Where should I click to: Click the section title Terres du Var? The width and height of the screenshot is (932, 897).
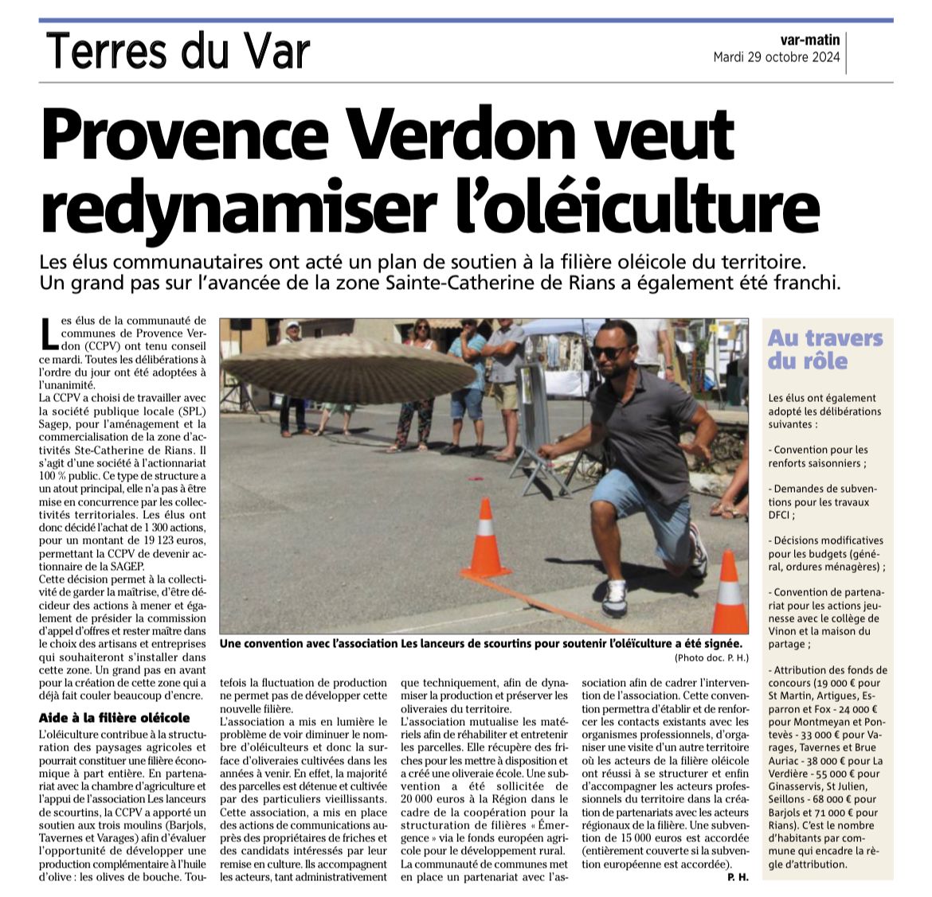177,52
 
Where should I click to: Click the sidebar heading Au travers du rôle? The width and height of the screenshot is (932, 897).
825,349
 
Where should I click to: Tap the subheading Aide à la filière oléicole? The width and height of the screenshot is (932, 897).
115,718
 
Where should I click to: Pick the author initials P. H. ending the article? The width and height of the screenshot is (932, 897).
736,876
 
